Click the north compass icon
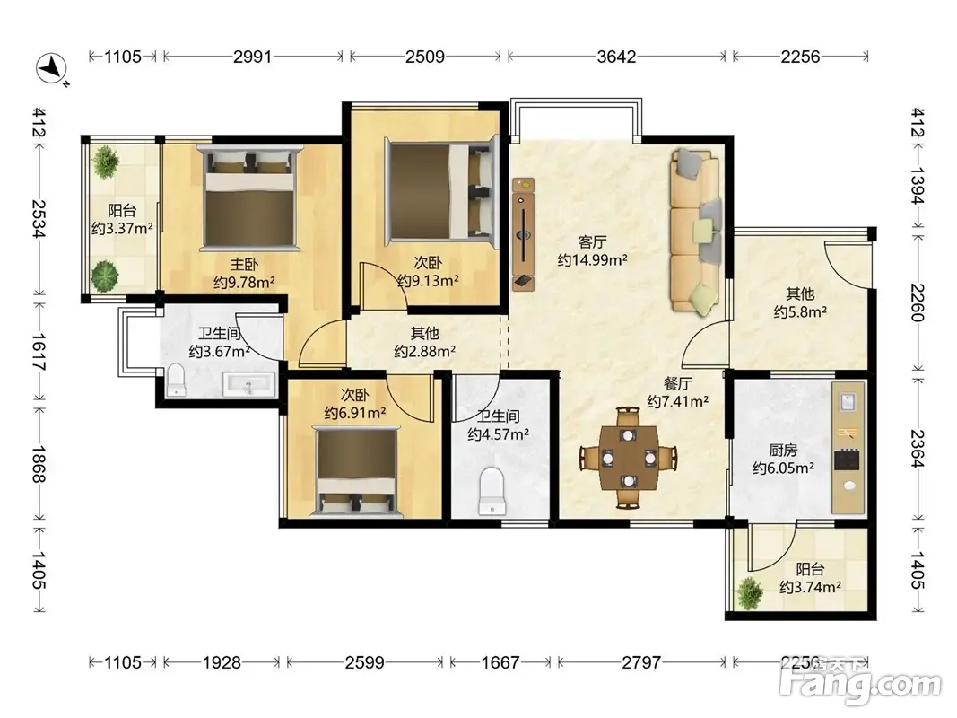(52, 68)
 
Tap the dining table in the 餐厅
(629, 458)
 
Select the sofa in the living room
(696, 231)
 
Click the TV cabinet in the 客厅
(523, 234)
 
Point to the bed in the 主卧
(250, 198)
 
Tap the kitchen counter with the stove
(848, 448)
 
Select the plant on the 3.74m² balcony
(749, 592)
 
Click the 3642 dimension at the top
(616, 57)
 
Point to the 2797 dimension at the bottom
(641, 662)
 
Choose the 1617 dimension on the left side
(39, 353)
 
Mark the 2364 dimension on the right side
(918, 449)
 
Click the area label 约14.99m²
(592, 260)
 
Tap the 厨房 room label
(783, 451)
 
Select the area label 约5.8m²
(800, 312)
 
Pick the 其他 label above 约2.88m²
(425, 333)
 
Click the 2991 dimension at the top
(253, 57)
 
